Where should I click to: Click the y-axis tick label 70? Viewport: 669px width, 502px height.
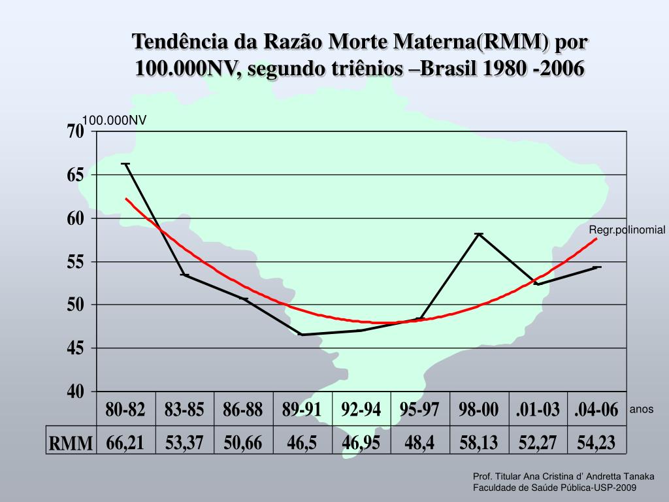[76, 132]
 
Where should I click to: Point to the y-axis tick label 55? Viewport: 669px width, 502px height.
[76, 262]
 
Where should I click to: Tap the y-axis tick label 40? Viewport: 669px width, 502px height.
[76, 392]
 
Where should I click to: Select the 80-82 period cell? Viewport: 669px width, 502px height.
[125, 410]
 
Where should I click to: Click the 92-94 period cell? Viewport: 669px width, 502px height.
[361, 410]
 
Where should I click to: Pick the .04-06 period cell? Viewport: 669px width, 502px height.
[596, 410]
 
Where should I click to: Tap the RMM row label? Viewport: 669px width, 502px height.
[71, 443]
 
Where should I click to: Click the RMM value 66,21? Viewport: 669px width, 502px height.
[125, 443]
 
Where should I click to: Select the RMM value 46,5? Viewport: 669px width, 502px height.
[302, 443]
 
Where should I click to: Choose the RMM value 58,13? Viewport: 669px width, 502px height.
[478, 443]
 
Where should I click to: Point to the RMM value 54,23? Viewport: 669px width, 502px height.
[596, 443]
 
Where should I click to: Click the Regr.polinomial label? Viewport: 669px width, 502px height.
[627, 230]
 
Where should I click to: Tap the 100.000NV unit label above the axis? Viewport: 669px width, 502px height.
[114, 120]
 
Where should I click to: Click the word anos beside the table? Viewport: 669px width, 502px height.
[641, 409]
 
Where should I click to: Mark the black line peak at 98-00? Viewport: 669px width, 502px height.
[479, 234]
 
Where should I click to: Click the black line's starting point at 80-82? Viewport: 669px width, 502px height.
[125, 164]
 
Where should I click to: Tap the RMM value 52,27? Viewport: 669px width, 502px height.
[538, 443]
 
